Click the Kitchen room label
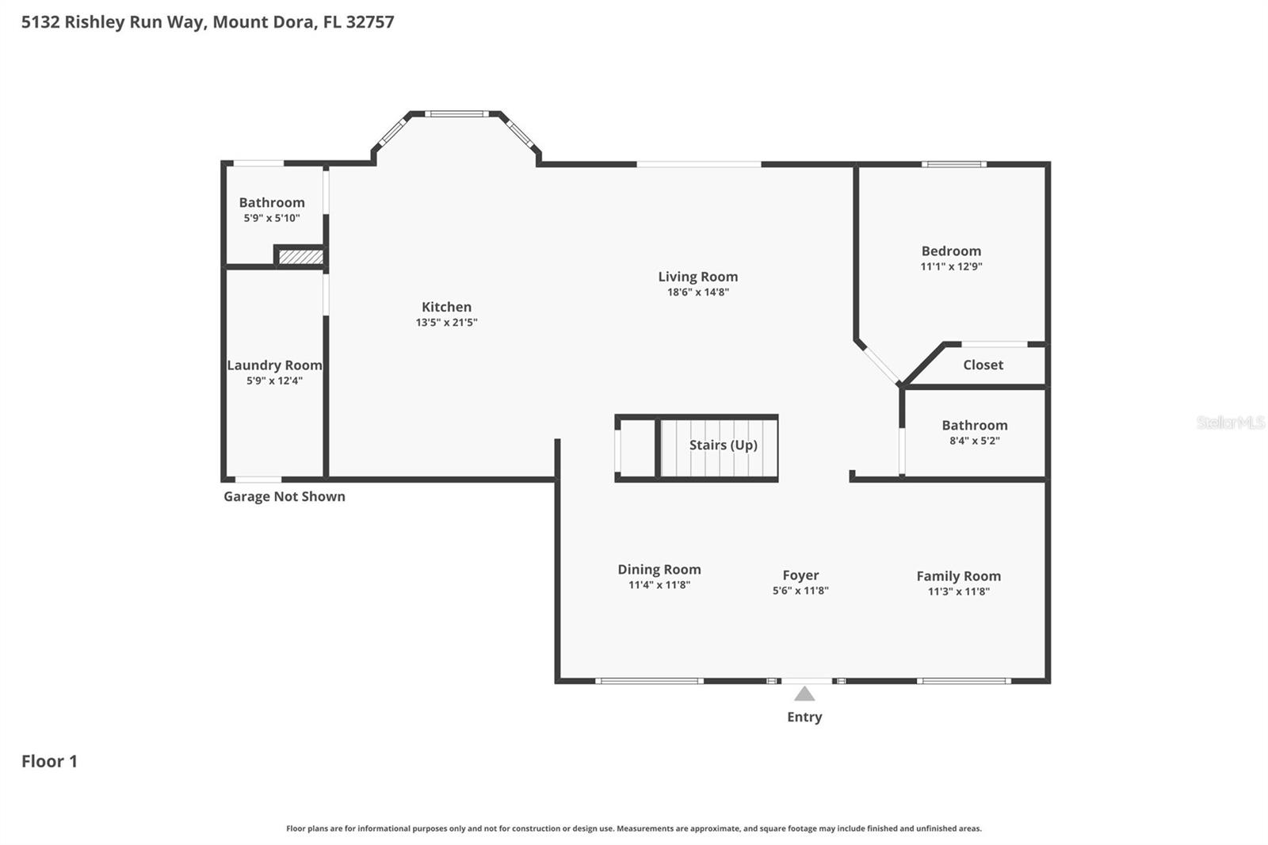coord(446,307)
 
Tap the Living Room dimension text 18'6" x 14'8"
coord(697,292)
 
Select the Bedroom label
coord(951,251)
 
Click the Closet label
coord(983,365)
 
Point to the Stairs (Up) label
coord(723,445)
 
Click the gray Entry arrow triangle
coord(804,694)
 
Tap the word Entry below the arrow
coord(804,717)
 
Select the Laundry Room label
coord(274,365)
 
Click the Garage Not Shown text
coord(284,497)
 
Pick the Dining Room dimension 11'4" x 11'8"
coord(659,585)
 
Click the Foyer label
coord(800,575)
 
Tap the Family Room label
coord(958,576)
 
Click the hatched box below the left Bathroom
coord(301,257)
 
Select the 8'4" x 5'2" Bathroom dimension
coord(974,441)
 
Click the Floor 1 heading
coord(49,761)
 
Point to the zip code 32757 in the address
coord(369,22)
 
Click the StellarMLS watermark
coord(1230,422)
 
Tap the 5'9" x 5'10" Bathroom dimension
coord(271,218)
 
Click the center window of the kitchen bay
coord(456,114)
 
